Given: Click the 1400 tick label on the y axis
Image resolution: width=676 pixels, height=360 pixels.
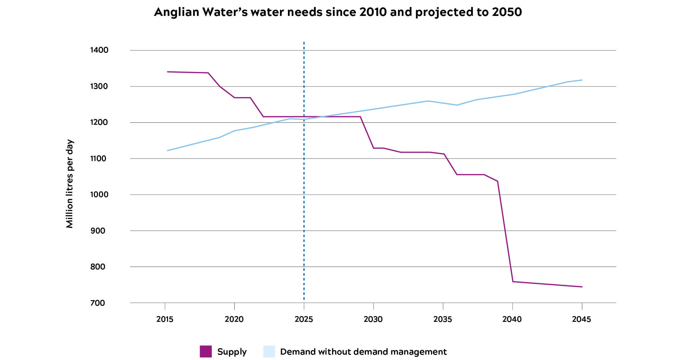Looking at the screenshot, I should pyautogui.click(x=99, y=50).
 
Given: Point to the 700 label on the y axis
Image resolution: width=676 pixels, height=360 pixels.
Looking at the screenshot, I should pyautogui.click(x=98, y=303).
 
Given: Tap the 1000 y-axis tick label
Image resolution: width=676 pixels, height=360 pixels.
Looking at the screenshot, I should pyautogui.click(x=99, y=194).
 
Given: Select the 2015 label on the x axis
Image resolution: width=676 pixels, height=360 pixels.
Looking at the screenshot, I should pyautogui.click(x=165, y=319).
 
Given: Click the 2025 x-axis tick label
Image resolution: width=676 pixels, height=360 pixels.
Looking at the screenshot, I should pyautogui.click(x=304, y=319).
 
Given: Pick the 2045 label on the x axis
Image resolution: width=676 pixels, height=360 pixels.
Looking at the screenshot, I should pyautogui.click(x=582, y=319).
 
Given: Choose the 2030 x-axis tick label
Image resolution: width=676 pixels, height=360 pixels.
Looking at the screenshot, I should pyautogui.click(x=373, y=319).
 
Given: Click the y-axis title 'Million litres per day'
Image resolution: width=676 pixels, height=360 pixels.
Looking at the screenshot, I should pyautogui.click(x=70, y=184).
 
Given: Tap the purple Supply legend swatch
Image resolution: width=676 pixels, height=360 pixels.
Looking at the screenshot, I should pyautogui.click(x=206, y=351).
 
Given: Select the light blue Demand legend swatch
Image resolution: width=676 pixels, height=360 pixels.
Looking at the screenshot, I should pyautogui.click(x=269, y=351).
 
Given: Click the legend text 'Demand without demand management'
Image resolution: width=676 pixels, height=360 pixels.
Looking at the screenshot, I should pyautogui.click(x=363, y=352).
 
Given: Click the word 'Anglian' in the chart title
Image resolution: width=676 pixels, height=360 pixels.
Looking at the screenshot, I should pyautogui.click(x=176, y=12).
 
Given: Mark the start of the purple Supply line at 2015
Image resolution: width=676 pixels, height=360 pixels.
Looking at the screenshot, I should pyautogui.click(x=167, y=72).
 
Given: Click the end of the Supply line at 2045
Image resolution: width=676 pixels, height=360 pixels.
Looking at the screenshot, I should pyautogui.click(x=582, y=287).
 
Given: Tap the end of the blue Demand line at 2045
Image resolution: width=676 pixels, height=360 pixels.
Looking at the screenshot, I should pyautogui.click(x=582, y=80).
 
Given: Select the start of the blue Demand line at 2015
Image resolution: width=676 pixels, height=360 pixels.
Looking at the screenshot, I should pyautogui.click(x=167, y=151).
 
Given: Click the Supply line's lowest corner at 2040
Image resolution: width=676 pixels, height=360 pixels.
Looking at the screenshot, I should pyautogui.click(x=513, y=281).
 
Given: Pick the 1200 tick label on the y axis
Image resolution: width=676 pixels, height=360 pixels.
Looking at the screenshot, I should pyautogui.click(x=99, y=122).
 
